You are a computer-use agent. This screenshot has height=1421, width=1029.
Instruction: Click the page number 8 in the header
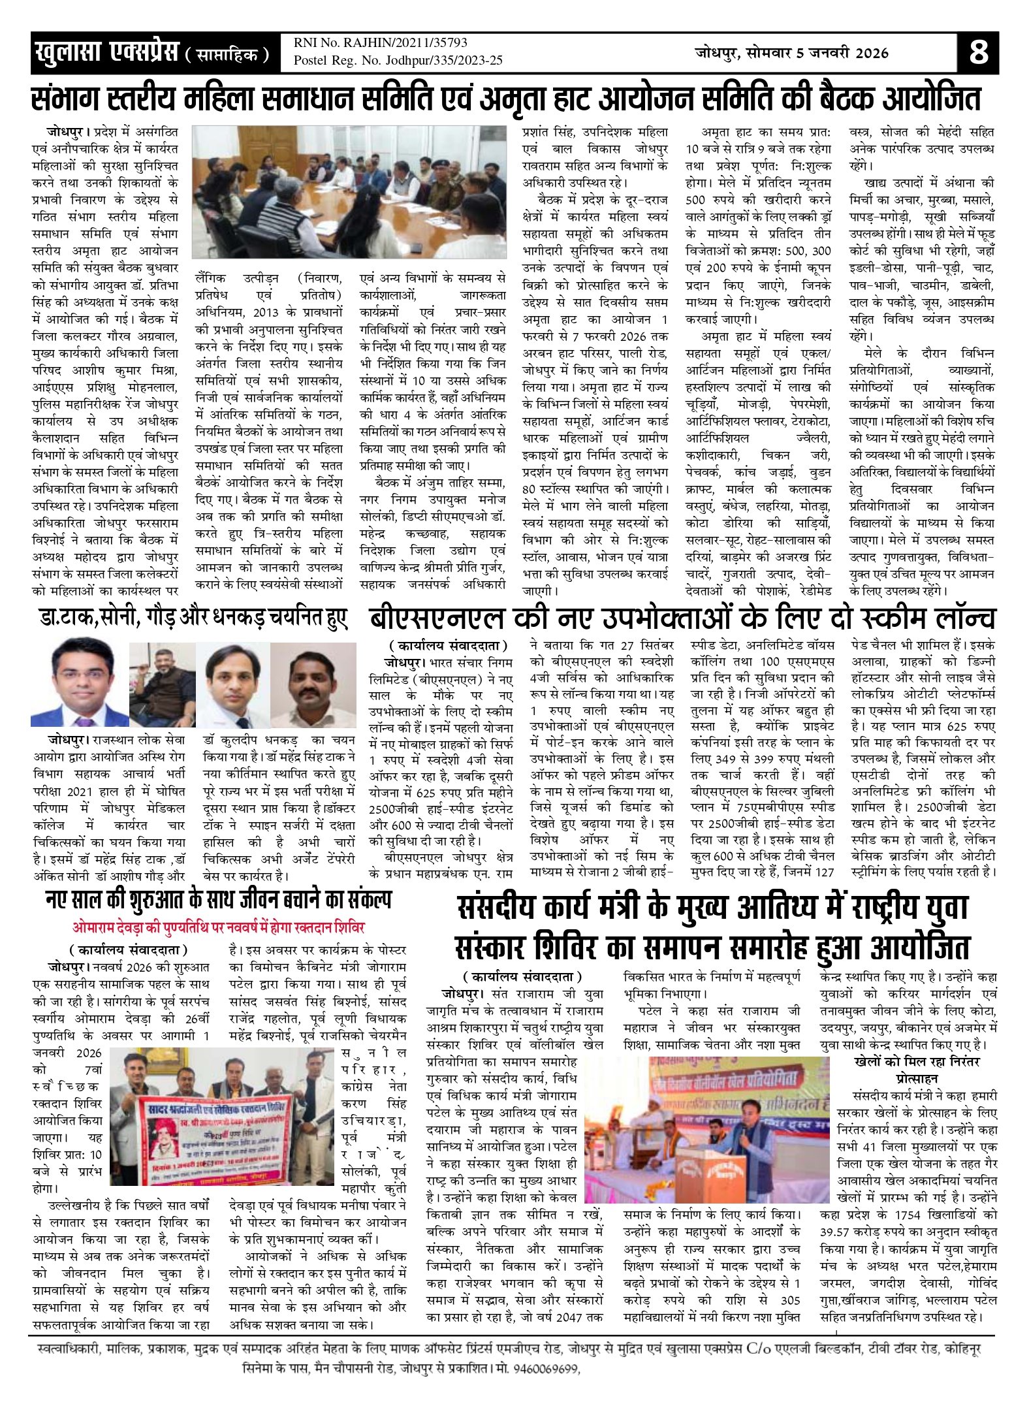978,52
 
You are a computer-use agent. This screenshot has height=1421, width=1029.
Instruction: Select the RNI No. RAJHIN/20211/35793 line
380,43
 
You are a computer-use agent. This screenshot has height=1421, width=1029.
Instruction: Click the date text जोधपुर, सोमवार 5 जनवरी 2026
791,53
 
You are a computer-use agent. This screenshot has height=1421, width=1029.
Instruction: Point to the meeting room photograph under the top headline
349,192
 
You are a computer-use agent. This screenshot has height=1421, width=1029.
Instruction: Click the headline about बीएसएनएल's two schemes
682,618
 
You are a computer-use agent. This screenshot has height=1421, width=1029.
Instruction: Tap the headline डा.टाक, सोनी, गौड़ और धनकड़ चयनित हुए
193,618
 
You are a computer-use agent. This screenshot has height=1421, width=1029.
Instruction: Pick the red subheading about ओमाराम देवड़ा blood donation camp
218,927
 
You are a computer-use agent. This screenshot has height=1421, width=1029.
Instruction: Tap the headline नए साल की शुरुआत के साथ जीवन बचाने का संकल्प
218,901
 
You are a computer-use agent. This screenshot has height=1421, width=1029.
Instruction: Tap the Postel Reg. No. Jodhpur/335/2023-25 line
398,61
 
